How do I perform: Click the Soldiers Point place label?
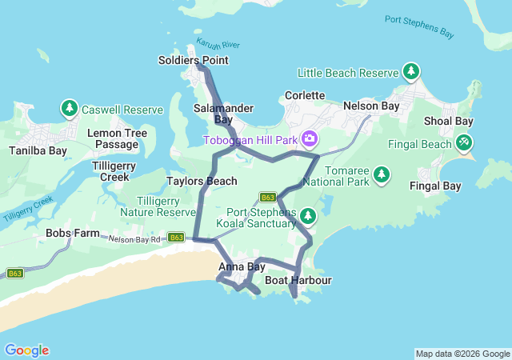click(x=193, y=60)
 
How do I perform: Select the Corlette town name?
click(x=305, y=95)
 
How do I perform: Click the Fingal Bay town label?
click(x=435, y=186)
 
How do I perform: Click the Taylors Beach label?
click(x=202, y=182)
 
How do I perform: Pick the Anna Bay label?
click(x=242, y=267)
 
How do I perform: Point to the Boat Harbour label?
click(x=298, y=281)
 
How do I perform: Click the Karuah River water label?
click(x=218, y=45)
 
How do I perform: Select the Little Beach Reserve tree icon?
click(x=411, y=72)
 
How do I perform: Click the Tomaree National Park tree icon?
click(x=382, y=174)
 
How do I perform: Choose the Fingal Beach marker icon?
click(x=463, y=142)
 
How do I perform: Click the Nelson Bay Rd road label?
click(x=135, y=238)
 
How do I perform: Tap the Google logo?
click(x=26, y=350)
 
